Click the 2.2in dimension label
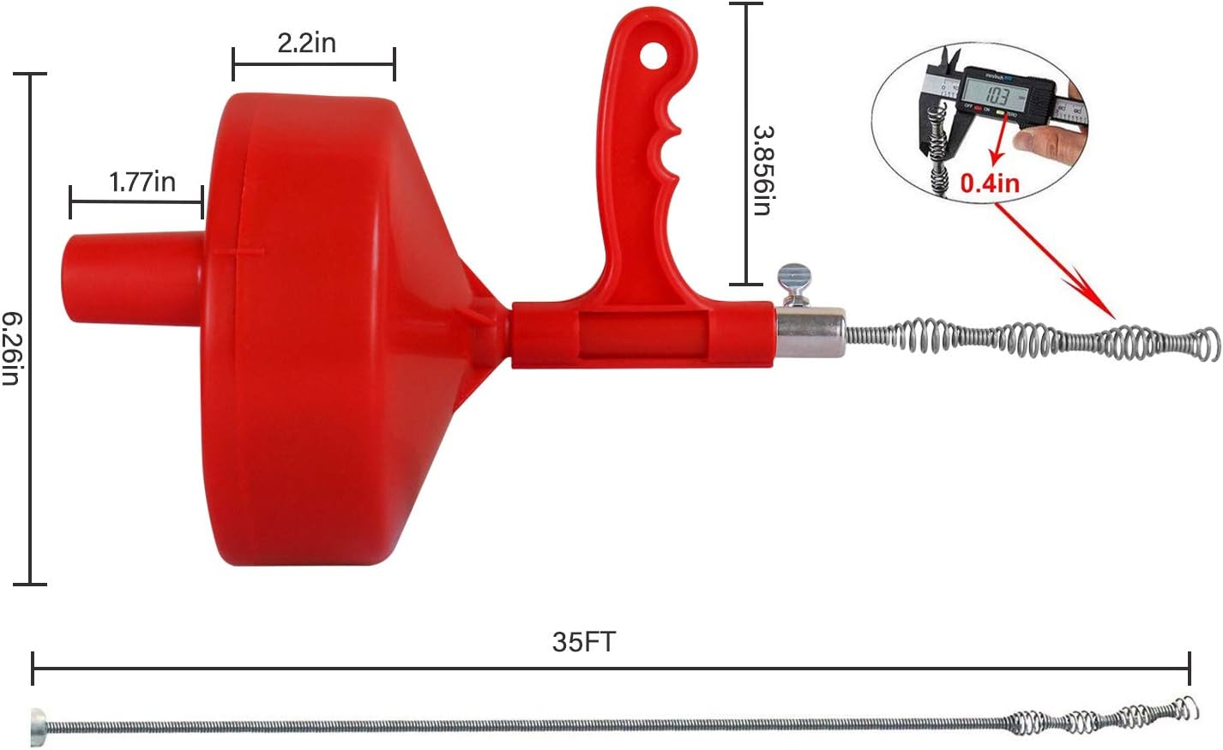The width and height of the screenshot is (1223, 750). [x=306, y=42]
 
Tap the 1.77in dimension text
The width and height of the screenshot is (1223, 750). [x=142, y=182]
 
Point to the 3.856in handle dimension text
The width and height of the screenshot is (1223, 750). [x=763, y=170]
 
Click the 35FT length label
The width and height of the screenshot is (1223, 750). [x=583, y=642]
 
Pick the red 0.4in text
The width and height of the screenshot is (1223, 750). [x=989, y=183]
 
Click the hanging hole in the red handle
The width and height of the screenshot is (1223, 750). [x=655, y=57]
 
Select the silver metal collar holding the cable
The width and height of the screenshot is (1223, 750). [x=810, y=333]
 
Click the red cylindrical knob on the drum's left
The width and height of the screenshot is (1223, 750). [x=133, y=278]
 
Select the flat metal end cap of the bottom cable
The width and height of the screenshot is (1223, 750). [x=38, y=725]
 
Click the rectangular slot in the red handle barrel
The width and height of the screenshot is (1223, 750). [x=643, y=333]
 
